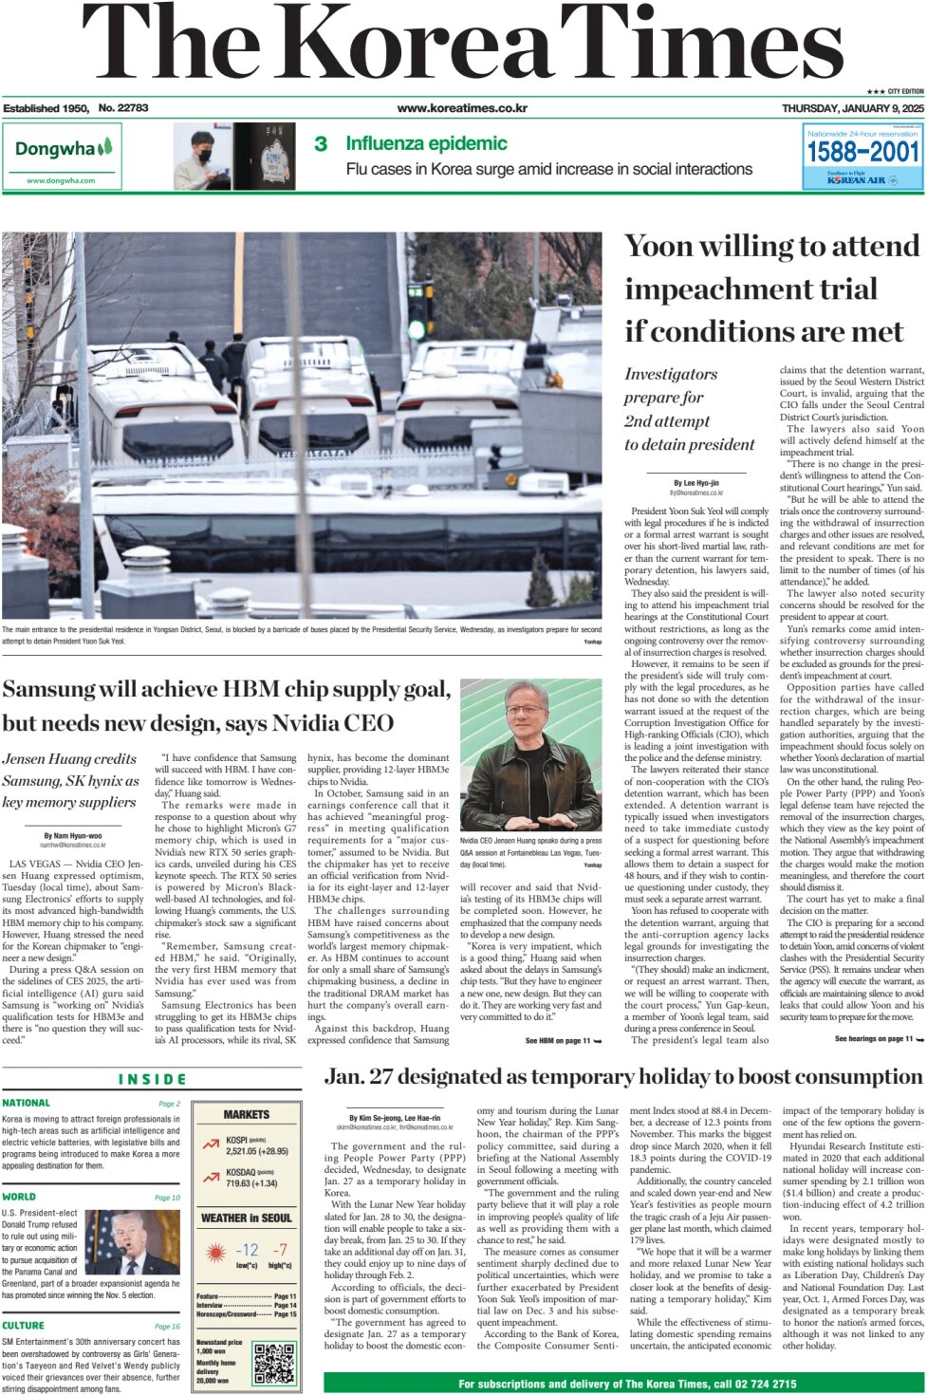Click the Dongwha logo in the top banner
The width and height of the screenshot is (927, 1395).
point(64,150)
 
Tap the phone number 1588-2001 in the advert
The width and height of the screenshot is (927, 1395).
point(862,153)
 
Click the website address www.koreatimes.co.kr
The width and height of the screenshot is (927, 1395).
point(462,108)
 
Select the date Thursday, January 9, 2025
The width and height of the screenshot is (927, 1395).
point(852,108)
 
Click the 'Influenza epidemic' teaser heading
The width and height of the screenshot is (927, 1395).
point(426,144)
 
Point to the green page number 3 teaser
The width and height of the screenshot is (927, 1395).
point(321,144)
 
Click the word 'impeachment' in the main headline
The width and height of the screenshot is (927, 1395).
point(751,288)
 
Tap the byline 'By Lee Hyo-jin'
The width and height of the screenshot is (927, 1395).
point(696,483)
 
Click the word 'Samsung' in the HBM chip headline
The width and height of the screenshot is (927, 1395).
point(49,690)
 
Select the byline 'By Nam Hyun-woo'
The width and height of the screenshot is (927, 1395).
point(73,836)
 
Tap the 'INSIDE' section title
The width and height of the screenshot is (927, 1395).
point(152,1079)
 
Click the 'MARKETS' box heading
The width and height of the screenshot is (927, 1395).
point(247,1115)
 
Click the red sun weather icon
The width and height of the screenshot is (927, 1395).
point(215,1253)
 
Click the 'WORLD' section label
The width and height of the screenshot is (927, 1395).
point(19,1198)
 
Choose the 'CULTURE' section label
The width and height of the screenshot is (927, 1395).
point(23,1326)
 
